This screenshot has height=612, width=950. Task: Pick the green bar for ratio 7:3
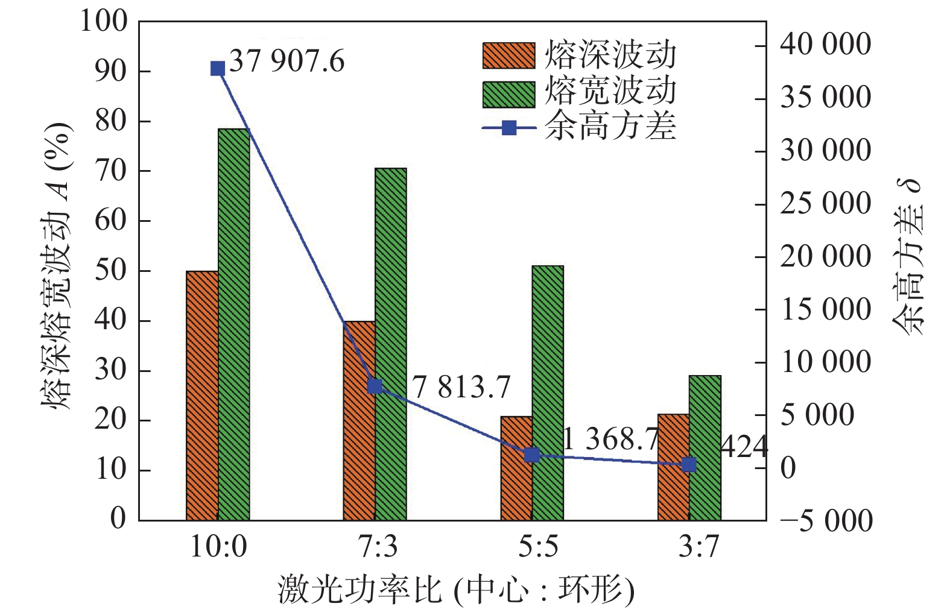tap(391, 344)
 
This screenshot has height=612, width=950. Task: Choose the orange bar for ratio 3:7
tap(673, 467)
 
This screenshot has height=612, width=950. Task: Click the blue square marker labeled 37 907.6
tap(218, 69)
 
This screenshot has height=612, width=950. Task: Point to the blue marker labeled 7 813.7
tap(375, 386)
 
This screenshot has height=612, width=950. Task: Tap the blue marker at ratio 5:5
tap(531, 455)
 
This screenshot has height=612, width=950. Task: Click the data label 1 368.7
tap(610, 439)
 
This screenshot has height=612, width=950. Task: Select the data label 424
tap(744, 447)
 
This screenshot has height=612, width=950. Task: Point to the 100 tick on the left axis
tap(104, 22)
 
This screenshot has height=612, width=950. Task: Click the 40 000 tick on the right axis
tap(825, 45)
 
